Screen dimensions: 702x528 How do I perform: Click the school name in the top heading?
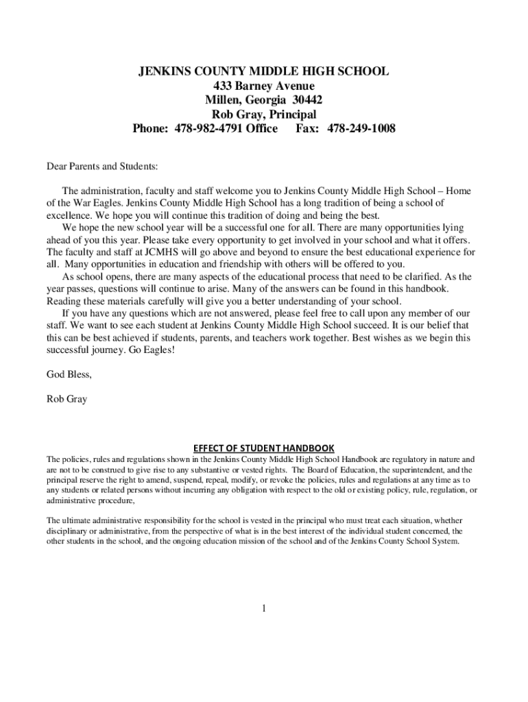(x=264, y=71)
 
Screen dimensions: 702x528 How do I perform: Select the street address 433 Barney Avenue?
(x=264, y=86)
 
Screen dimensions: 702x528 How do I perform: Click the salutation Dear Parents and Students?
(x=101, y=166)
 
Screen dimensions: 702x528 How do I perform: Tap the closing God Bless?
(x=69, y=374)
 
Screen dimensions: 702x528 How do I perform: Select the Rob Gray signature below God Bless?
(x=67, y=399)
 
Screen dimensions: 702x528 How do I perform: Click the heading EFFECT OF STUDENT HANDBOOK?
(x=264, y=448)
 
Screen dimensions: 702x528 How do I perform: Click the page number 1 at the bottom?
(x=264, y=608)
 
